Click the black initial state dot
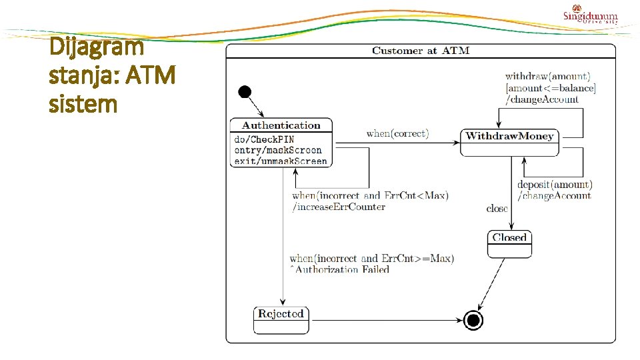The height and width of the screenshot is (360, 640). pos(245,92)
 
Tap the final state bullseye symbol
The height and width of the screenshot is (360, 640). pos(474,321)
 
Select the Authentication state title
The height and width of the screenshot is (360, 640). pos(281,125)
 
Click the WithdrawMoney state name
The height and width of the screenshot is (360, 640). pos(509,136)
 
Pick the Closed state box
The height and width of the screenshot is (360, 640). pos(509,243)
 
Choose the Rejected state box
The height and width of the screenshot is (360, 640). pos(281,319)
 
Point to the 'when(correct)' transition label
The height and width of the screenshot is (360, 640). pos(397,133)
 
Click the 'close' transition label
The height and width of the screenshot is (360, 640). pos(497,209)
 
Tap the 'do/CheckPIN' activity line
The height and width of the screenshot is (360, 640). pos(264,139)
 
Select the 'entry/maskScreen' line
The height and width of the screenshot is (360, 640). pos(277,150)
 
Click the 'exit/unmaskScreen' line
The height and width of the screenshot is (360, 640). pos(280,161)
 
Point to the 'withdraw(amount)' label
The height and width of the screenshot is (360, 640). pos(547,77)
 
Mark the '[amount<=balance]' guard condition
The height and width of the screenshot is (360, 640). pos(551,88)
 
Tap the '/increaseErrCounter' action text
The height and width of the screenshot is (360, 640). pos(339,207)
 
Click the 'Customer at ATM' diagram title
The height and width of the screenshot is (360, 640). pos(421,51)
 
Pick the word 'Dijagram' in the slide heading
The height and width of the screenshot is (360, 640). pos(96,47)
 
